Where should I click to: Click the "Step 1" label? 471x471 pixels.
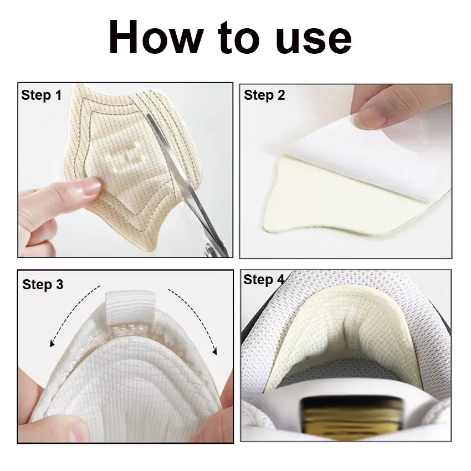coord(41,95)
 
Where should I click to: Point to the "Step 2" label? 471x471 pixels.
coord(264,95)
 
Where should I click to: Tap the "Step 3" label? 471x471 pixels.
coord(43,284)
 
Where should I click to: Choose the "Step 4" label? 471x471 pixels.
coord(264,279)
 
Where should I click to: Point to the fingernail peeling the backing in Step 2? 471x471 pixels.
coord(369,118)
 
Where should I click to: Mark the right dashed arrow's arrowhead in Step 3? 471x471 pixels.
coord(214,351)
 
